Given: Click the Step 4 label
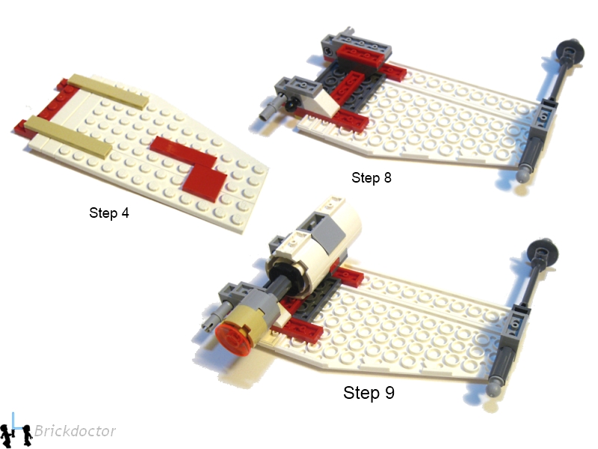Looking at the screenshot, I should click(x=109, y=213).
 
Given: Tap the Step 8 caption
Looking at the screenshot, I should click(x=372, y=177).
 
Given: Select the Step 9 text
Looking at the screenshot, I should click(x=369, y=392).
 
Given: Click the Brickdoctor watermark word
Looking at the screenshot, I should click(x=75, y=431).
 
